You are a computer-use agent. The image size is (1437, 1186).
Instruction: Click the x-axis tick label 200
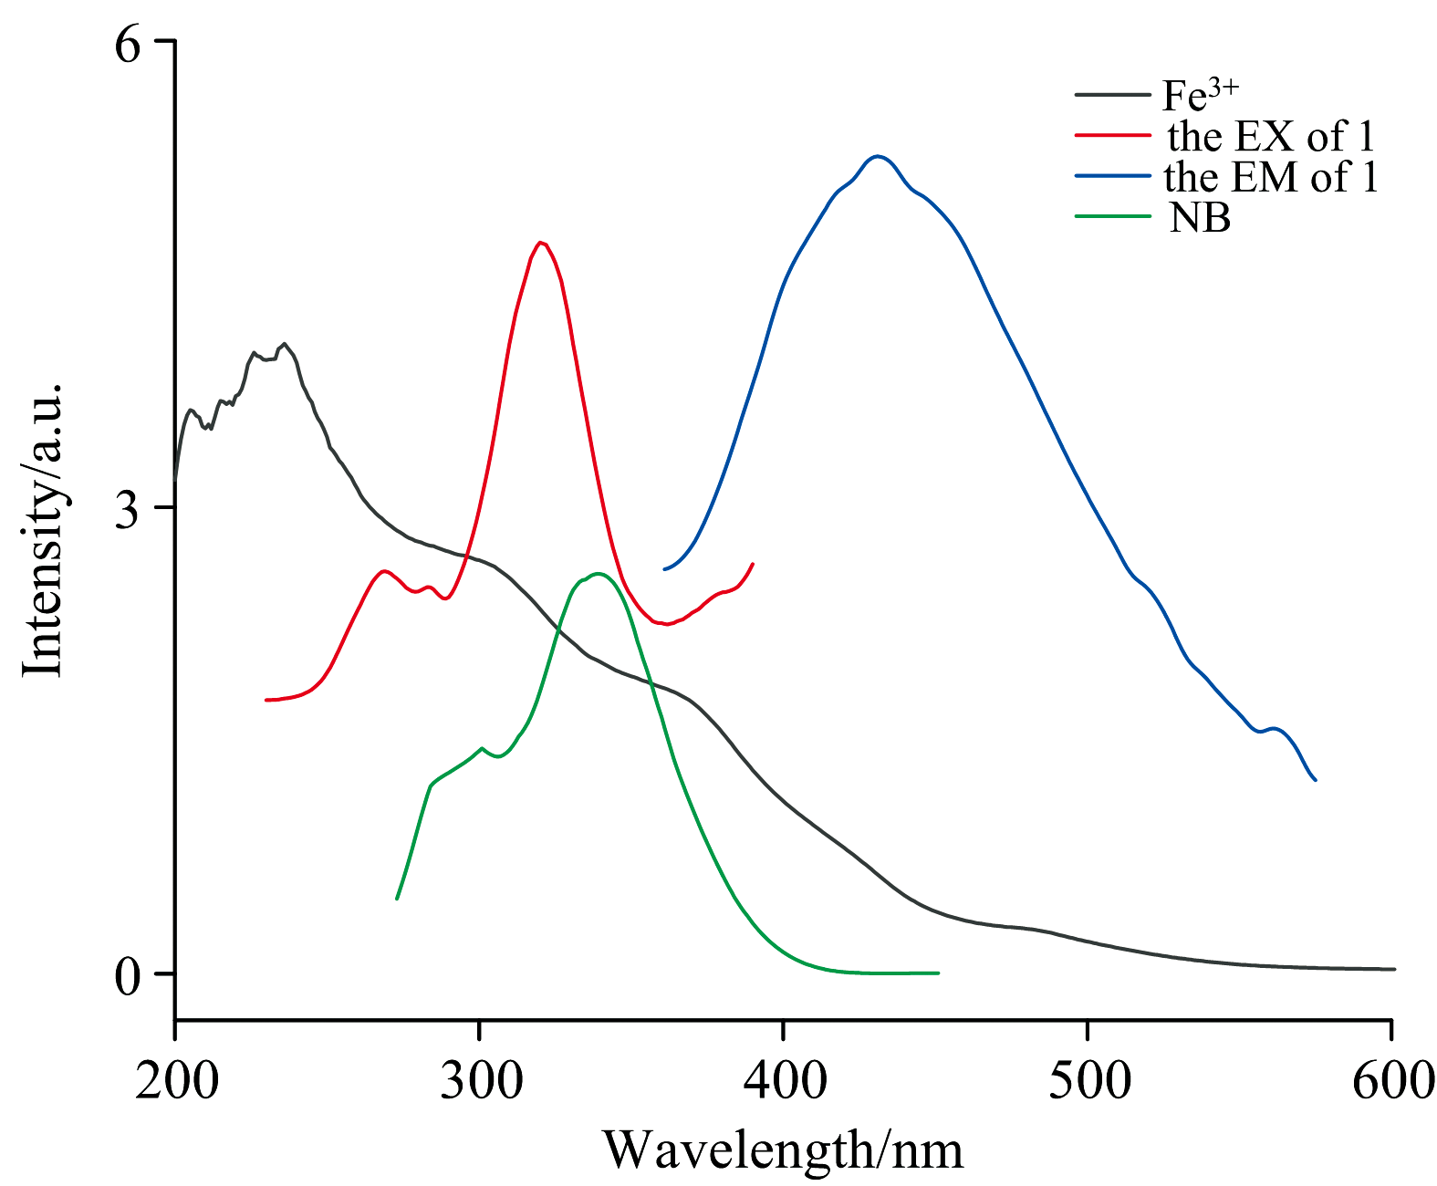pyautogui.click(x=176, y=1080)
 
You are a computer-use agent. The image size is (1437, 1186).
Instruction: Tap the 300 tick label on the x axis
pyautogui.click(x=479, y=1080)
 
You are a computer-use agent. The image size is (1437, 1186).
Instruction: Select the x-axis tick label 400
pyautogui.click(x=784, y=1080)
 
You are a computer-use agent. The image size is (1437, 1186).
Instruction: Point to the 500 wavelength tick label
pyautogui.click(x=1088, y=1080)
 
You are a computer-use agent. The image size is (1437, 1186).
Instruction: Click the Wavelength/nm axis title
pyautogui.click(x=782, y=1150)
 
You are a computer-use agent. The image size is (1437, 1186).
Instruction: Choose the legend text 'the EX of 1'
pyautogui.click(x=1270, y=136)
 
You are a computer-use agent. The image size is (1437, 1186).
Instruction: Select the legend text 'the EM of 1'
pyautogui.click(x=1270, y=177)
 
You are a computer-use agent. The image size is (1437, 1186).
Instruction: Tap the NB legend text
pyautogui.click(x=1200, y=218)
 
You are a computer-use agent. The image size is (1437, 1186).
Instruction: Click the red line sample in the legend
pyautogui.click(x=1113, y=135)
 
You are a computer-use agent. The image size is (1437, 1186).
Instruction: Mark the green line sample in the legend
pyautogui.click(x=1113, y=216)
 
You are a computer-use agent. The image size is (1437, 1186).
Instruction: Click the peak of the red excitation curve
pyautogui.click(x=541, y=242)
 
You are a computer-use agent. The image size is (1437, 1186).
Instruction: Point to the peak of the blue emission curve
pyautogui.click(x=878, y=156)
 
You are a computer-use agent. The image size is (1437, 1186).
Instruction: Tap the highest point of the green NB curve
pyautogui.click(x=599, y=573)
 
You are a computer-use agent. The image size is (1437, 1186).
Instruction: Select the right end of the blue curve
pyautogui.click(x=1315, y=780)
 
